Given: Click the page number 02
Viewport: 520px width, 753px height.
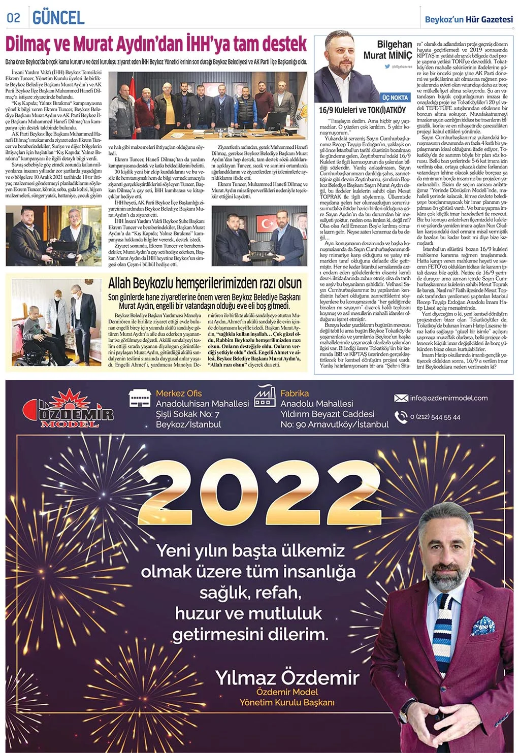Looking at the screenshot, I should point(13,18).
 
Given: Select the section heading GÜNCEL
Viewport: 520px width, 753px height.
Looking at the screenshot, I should point(58,18).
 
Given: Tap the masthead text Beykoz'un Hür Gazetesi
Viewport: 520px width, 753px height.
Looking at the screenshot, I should point(469,19).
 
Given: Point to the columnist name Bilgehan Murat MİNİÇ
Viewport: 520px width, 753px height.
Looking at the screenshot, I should point(387,50).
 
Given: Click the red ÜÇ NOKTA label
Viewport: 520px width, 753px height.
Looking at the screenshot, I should point(395,97).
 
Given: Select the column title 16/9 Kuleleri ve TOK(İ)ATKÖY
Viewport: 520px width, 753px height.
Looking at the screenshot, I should point(362,110).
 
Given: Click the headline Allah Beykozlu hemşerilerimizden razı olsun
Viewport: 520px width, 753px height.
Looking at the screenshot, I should point(205,283).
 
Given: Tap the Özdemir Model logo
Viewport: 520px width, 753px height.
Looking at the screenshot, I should point(69,408).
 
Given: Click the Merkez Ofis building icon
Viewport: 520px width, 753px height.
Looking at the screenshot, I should point(141,399).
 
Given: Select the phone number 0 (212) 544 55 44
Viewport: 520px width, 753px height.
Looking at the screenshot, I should point(435,417).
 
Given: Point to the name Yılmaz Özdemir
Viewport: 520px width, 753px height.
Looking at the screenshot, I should point(287,677).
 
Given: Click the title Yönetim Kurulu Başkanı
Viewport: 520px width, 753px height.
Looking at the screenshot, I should point(287,702).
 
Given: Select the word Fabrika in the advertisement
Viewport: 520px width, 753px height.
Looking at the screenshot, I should point(294,393).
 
